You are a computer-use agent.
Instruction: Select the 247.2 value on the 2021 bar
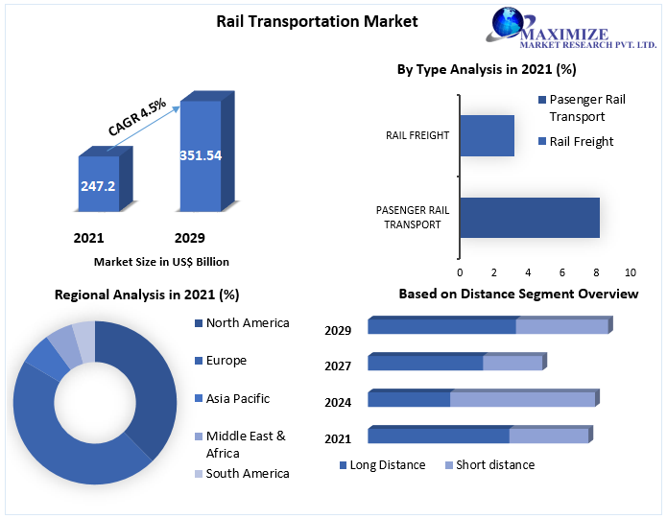click(x=97, y=186)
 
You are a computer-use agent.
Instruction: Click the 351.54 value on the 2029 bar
click(x=200, y=154)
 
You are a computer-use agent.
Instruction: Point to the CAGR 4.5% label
click(x=137, y=116)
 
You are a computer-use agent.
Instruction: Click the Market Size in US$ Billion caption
click(x=161, y=261)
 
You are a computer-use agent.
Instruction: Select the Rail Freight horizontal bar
click(x=487, y=135)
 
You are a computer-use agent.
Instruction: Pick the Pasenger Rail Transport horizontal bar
click(x=529, y=218)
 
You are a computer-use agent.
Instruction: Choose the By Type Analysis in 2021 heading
click(x=487, y=69)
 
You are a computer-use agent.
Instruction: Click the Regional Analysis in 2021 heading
click(x=147, y=295)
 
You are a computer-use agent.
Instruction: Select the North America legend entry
click(x=247, y=323)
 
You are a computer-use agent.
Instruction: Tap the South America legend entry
click(x=247, y=473)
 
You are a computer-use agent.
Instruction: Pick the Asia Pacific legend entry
click(x=237, y=398)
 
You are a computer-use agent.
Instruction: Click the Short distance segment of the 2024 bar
click(x=522, y=399)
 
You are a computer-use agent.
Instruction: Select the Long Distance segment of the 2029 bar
click(x=441, y=327)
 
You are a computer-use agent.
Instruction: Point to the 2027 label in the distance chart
click(x=338, y=366)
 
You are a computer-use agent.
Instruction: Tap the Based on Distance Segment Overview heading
click(x=518, y=294)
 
